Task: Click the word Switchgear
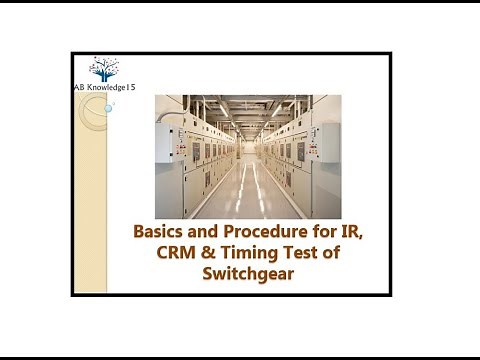(x=248, y=273)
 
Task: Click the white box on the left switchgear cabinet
(x=165, y=133)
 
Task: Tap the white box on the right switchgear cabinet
(x=331, y=133)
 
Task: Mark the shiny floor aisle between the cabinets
(x=247, y=195)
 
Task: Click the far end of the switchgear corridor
(x=247, y=150)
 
